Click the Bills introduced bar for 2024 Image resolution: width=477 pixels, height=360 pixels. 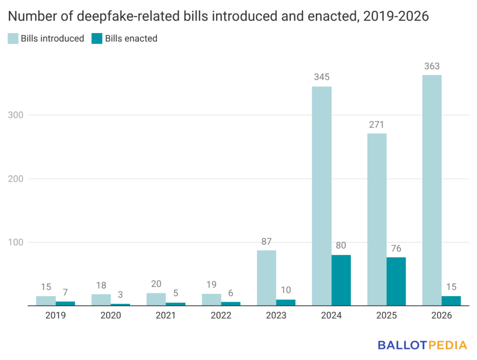[321, 196]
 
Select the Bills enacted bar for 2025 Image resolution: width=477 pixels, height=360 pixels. [396, 281]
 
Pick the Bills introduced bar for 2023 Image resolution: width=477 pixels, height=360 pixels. [266, 278]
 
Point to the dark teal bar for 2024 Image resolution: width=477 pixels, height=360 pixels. [341, 280]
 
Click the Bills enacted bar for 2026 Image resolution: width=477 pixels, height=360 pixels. [451, 301]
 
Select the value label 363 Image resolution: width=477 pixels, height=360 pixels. [432, 66]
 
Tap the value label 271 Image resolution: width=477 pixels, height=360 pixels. [377, 125]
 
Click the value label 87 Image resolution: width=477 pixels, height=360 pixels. [266, 242]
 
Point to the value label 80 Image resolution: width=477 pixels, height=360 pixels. [341, 246]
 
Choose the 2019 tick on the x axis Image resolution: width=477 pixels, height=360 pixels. [55, 315]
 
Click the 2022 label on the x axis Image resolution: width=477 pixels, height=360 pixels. [221, 315]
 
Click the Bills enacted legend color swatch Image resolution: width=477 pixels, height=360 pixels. [96, 39]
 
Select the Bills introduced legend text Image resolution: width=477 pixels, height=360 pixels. [52, 39]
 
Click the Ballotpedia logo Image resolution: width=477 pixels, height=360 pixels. [422, 345]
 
